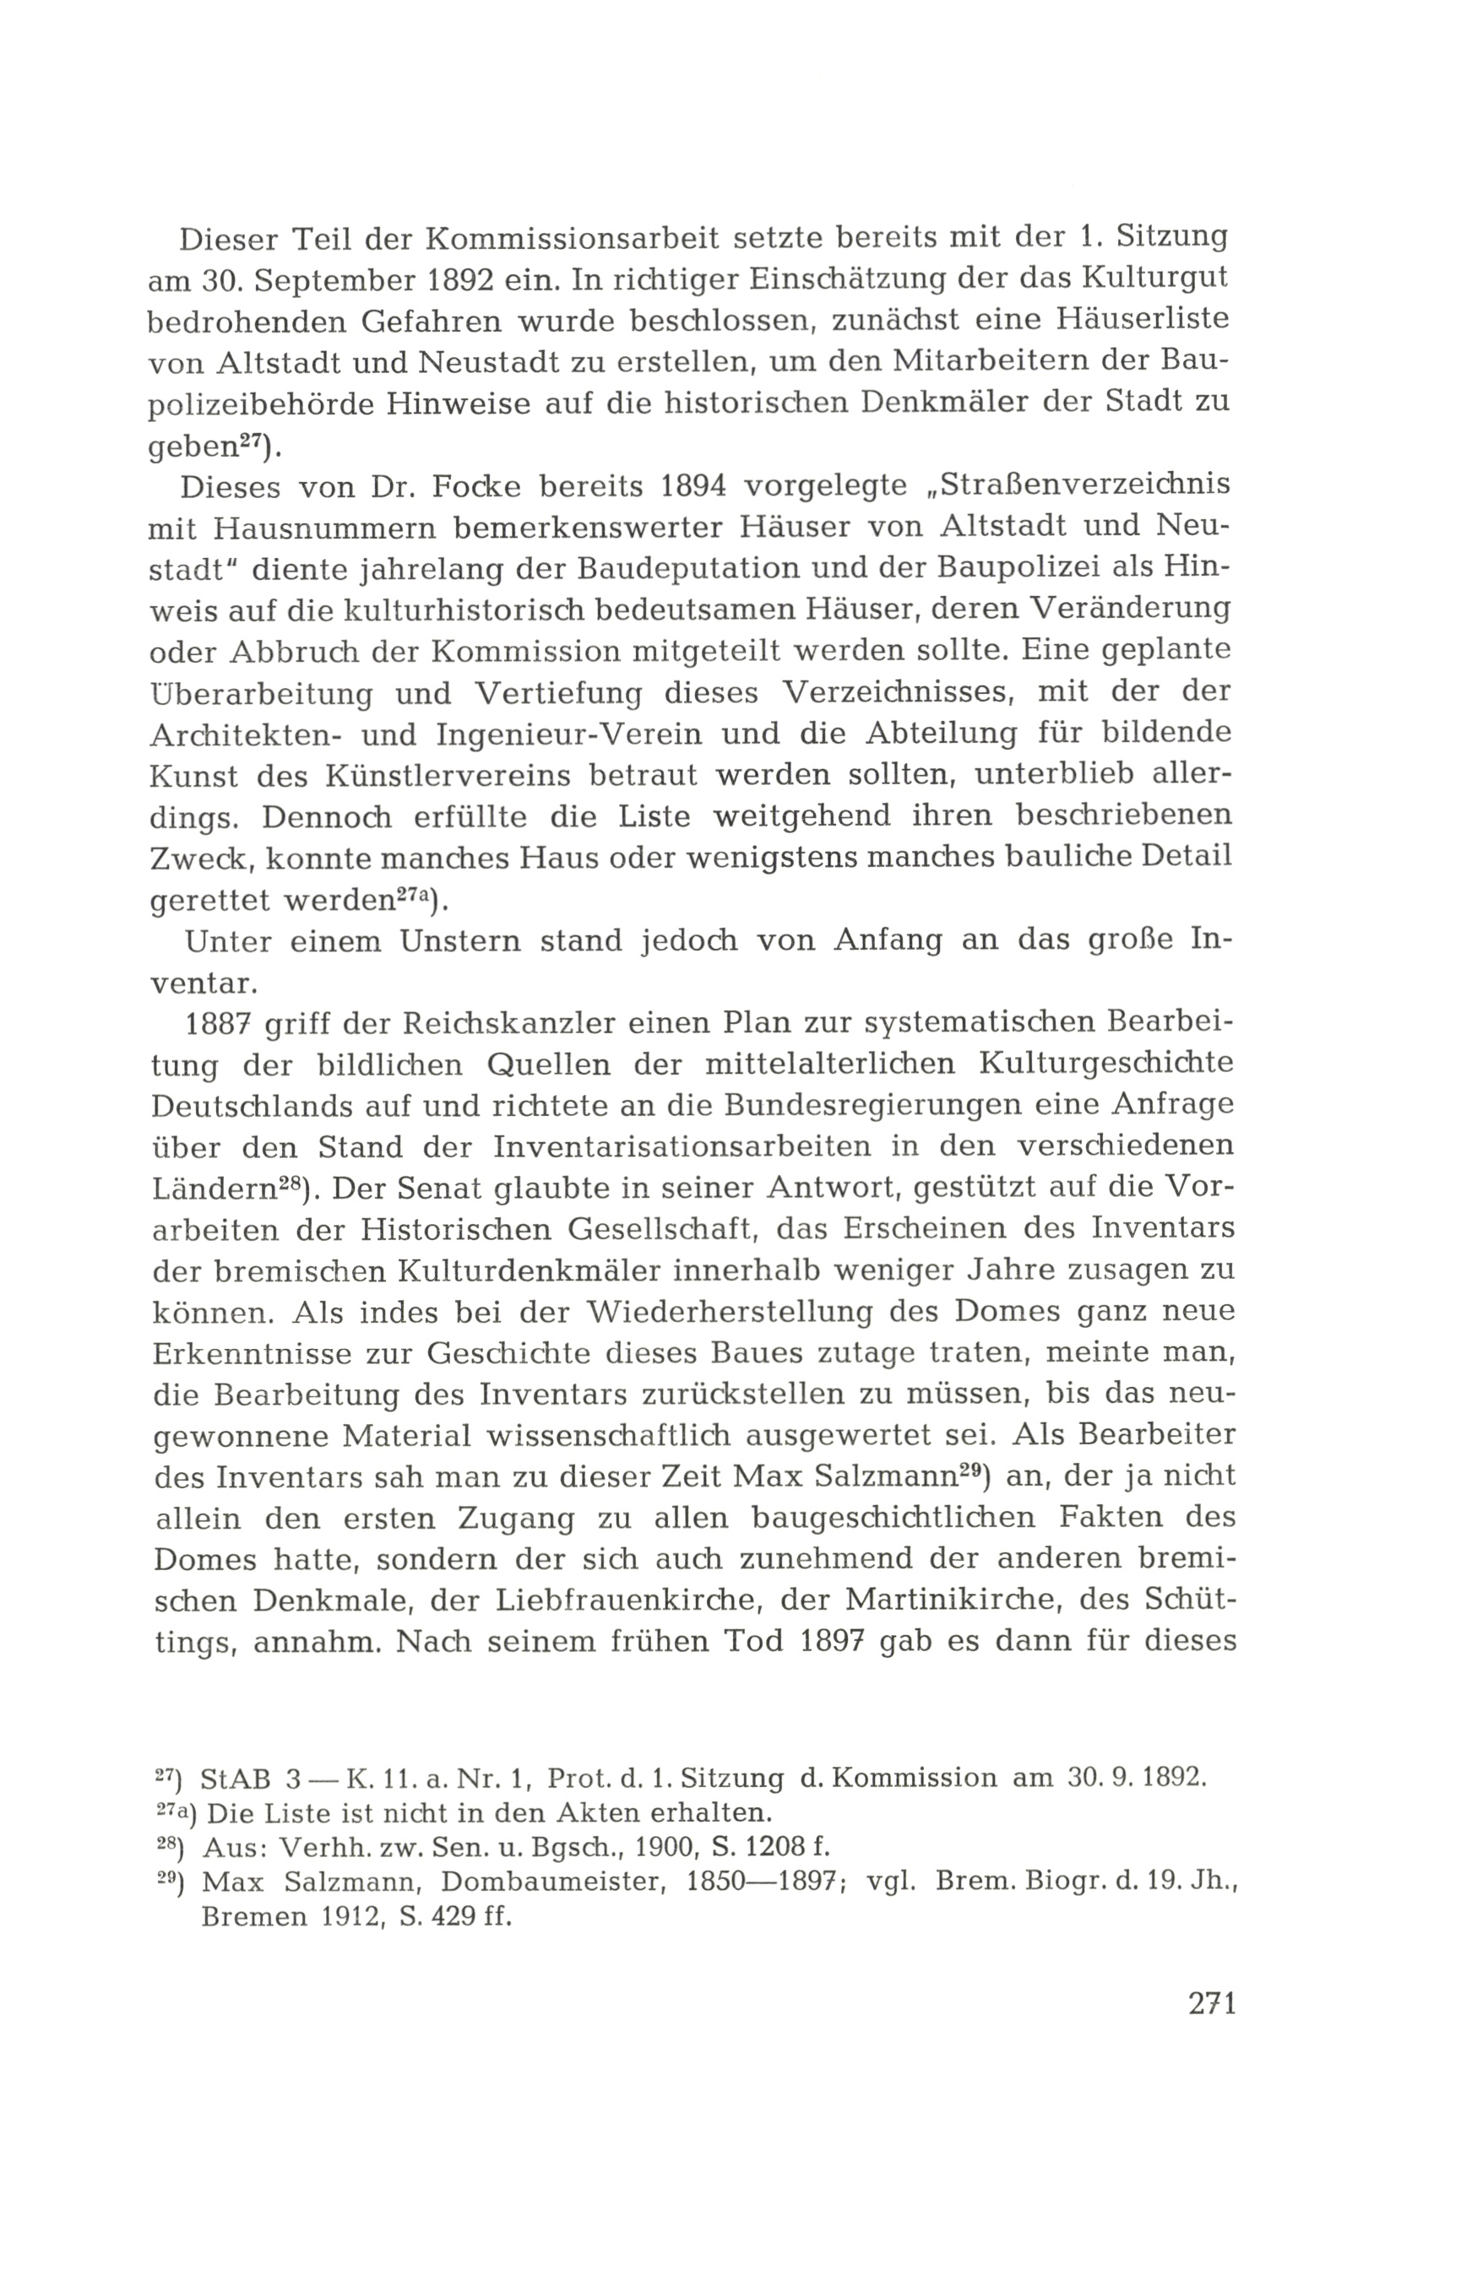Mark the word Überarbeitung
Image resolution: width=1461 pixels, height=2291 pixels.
point(262,695)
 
